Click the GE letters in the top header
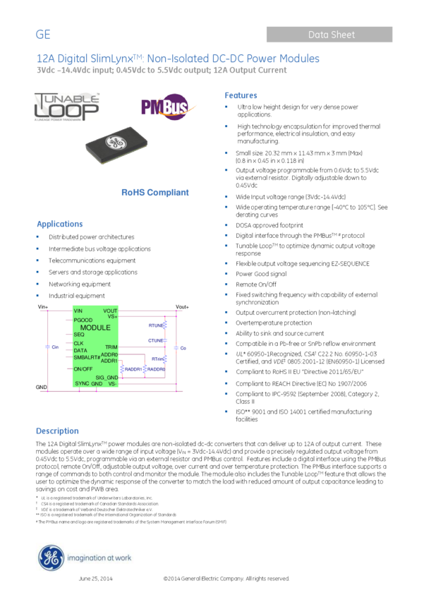[43, 35]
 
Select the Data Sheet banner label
[331, 35]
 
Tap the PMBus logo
[164, 107]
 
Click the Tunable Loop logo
[67, 107]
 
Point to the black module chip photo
[116, 143]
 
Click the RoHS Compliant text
[155, 192]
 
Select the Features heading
[241, 95]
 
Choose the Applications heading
[60, 224]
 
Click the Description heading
[57, 431]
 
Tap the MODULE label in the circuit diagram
[95, 328]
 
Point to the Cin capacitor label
[55, 347]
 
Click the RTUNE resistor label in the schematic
[155, 325]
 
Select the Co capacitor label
[183, 348]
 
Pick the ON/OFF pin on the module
[83, 368]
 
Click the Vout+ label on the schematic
[182, 307]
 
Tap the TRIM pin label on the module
[111, 347]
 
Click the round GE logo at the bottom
[51, 558]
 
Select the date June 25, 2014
[95, 579]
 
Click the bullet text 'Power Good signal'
[261, 274]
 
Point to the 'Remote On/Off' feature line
[256, 284]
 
